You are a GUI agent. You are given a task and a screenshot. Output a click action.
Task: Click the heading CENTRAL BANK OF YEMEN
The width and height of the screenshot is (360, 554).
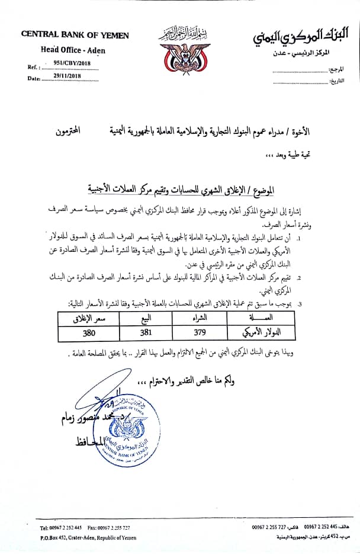tap(75, 36)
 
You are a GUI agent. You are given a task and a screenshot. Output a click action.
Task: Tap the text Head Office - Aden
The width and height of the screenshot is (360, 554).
tap(73, 50)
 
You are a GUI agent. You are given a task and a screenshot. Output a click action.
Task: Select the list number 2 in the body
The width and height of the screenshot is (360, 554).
tap(300, 277)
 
